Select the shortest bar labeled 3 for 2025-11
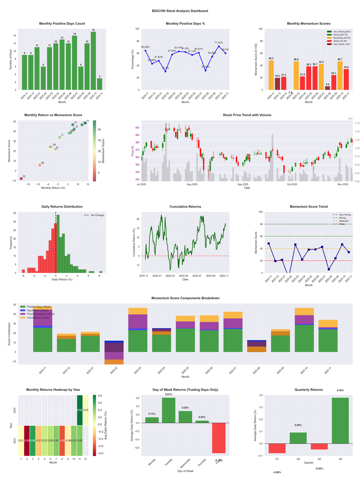click(99, 84)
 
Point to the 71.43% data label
click(219, 42)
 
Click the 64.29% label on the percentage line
click(145, 47)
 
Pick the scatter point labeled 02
click(21, 179)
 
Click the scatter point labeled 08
click(40, 165)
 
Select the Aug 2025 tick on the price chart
click(192, 184)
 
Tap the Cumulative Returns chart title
click(185, 207)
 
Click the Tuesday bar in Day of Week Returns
click(168, 410)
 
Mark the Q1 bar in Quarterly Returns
click(277, 448)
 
